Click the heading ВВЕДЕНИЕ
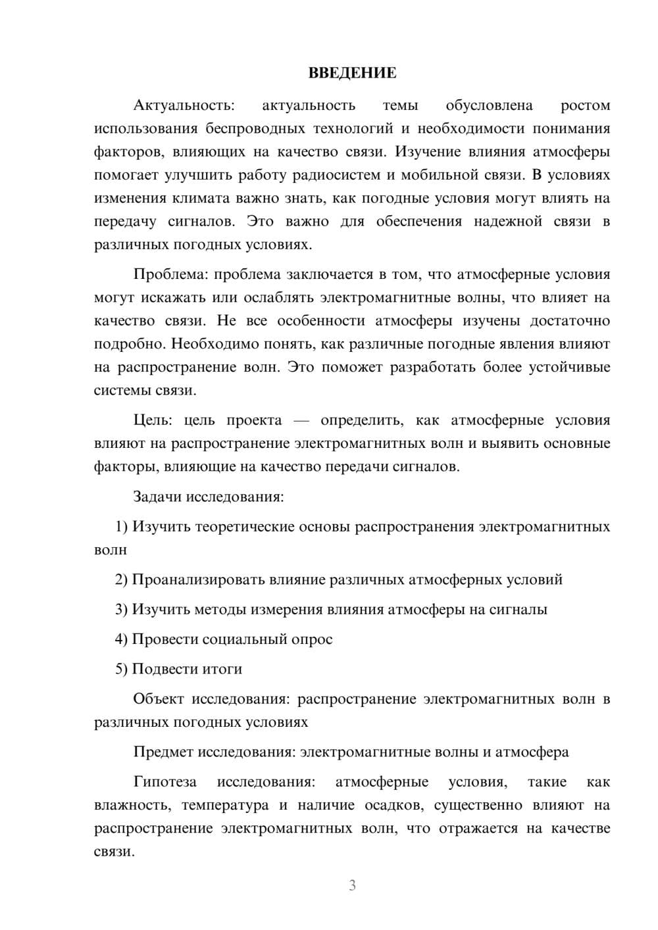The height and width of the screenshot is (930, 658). point(352,73)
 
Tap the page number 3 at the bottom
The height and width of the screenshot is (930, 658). point(352,885)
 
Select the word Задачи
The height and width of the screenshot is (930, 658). point(157,497)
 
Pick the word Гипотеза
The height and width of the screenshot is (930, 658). point(165,782)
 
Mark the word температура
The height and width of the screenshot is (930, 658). point(225,805)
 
